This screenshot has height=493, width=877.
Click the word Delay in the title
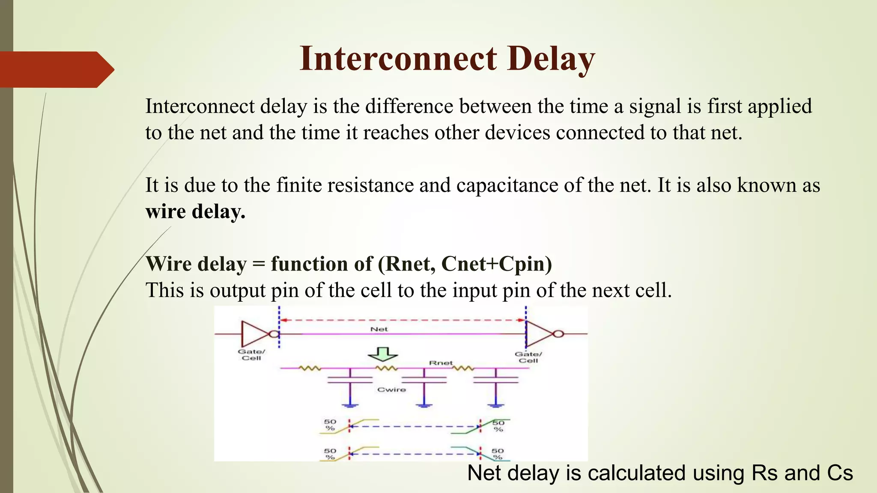(x=551, y=59)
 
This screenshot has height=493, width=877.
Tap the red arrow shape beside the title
(x=56, y=69)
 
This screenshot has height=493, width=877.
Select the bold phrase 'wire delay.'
(x=195, y=211)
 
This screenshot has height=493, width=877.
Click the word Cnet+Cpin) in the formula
(x=496, y=264)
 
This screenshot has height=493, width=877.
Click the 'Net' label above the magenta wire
(x=379, y=329)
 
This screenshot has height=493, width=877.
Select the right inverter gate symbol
(x=540, y=333)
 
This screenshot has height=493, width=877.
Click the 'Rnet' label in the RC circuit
(x=441, y=363)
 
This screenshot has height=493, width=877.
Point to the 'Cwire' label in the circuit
(x=391, y=389)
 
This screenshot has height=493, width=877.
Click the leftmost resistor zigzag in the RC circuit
(x=310, y=368)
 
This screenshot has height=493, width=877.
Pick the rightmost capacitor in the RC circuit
(x=496, y=380)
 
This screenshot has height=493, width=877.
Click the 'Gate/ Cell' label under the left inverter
(x=251, y=355)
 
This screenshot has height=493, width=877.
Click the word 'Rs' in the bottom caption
(x=766, y=473)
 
